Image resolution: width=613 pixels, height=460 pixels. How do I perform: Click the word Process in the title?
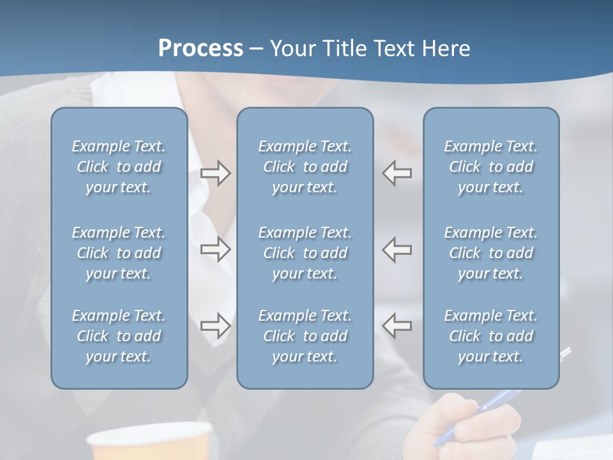[x=201, y=49]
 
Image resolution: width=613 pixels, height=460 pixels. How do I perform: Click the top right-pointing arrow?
[x=215, y=173]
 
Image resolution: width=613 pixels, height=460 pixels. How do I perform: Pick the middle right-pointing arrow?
[x=215, y=249]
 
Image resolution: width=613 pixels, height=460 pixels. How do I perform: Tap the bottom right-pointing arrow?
[x=215, y=325]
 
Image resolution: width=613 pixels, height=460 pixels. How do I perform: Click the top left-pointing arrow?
[x=397, y=173]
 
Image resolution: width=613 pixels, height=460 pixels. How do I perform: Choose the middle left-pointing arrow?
[x=397, y=249]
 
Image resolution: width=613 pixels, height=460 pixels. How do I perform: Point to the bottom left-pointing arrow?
[x=397, y=325]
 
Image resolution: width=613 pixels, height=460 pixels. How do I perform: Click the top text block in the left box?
[x=119, y=167]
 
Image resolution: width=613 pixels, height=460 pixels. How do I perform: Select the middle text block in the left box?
[x=119, y=253]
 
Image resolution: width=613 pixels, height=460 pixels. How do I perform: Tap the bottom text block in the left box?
[x=119, y=336]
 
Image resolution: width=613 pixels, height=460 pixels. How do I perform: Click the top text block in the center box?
[x=305, y=167]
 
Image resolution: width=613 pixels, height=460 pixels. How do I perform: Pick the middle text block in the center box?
[x=305, y=253]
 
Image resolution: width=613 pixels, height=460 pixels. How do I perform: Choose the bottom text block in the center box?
[x=305, y=336]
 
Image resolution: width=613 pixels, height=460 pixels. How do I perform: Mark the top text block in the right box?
[x=491, y=167]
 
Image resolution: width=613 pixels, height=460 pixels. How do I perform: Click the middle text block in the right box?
[x=491, y=253]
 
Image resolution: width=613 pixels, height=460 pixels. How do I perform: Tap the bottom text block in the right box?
[x=491, y=336]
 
